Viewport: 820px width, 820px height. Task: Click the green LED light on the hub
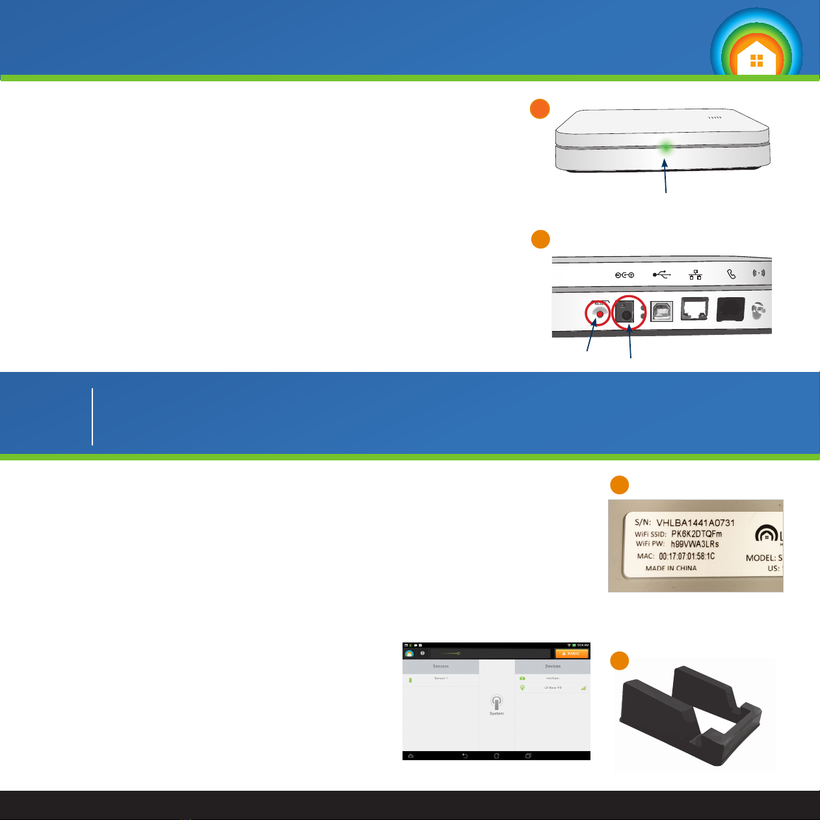(665, 148)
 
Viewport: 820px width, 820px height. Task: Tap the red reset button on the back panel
(600, 314)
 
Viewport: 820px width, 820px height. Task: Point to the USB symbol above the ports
(661, 274)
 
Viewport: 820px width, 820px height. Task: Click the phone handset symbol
(731, 274)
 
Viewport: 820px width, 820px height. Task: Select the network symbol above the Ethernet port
(695, 274)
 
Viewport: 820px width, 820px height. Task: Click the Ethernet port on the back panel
(695, 310)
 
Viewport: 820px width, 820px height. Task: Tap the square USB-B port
(661, 311)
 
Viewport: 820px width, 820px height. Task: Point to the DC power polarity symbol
(625, 274)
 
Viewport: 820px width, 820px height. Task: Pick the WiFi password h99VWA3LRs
(694, 544)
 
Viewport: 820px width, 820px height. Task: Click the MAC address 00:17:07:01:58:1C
(687, 557)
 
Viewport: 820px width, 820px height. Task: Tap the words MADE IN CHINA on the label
(670, 568)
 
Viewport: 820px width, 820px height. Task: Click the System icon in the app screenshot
(497, 704)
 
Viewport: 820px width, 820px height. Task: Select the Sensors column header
(441, 667)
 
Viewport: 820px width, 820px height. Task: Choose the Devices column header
(553, 667)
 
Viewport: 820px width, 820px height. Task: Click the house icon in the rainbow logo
(756, 59)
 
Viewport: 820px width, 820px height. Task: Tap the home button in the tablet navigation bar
(496, 756)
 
